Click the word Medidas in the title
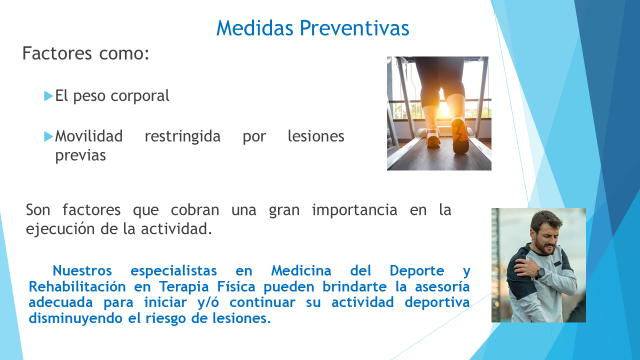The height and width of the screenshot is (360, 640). (x=255, y=28)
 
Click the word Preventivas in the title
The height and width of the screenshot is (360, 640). (x=354, y=28)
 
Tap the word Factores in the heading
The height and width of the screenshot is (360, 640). (x=57, y=53)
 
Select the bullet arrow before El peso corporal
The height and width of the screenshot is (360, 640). (x=48, y=96)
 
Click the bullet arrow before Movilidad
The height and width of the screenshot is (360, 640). (x=48, y=136)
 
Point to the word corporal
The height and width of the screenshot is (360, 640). (x=139, y=96)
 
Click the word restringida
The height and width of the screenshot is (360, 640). (x=182, y=136)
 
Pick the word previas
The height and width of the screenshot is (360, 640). (x=80, y=155)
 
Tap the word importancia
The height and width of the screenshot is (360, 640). (x=354, y=210)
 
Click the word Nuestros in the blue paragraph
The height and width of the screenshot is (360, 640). (x=82, y=270)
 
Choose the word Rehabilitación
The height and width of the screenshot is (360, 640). (x=77, y=286)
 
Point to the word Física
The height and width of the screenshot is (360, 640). (x=236, y=286)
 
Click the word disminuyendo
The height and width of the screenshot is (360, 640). (x=75, y=318)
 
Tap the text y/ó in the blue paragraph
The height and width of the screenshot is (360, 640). (x=208, y=302)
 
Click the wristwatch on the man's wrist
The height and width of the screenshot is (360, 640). (x=540, y=272)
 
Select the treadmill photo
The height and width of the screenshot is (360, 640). (x=439, y=113)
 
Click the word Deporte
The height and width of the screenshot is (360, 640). (x=417, y=270)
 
